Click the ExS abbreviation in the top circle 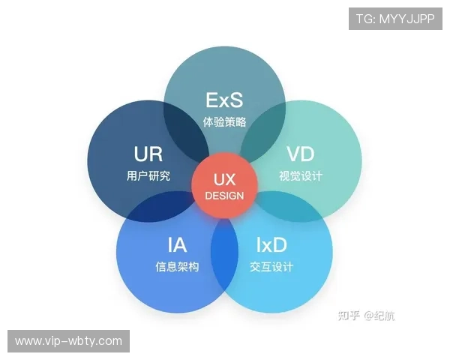pyautogui.click(x=224, y=100)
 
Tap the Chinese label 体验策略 pyautogui.click(x=224, y=121)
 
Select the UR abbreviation pyautogui.click(x=148, y=154)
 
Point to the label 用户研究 pyautogui.click(x=148, y=176)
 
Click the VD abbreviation pyautogui.click(x=300, y=154)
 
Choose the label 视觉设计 pyautogui.click(x=300, y=176)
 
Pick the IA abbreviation pyautogui.click(x=177, y=244)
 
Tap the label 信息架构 pyautogui.click(x=177, y=266)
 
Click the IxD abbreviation pyautogui.click(x=271, y=244)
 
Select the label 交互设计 pyautogui.click(x=271, y=266)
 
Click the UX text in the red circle pyautogui.click(x=224, y=180)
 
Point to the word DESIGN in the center pyautogui.click(x=224, y=196)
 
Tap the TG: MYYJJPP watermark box pyautogui.click(x=395, y=18)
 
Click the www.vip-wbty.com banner pyautogui.click(x=68, y=341)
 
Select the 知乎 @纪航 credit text pyautogui.click(x=368, y=316)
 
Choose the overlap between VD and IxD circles pyautogui.click(x=292, y=208)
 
